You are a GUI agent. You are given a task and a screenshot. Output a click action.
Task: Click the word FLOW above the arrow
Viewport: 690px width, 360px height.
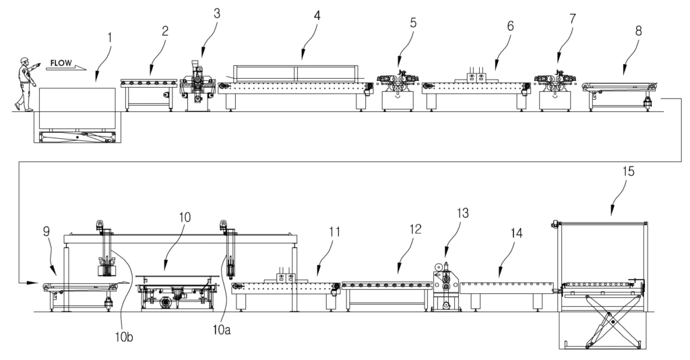pos(61,63)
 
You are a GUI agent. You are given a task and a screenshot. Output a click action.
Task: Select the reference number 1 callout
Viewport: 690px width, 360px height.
pos(110,37)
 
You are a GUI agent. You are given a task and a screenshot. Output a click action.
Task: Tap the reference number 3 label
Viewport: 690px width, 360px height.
pos(216,13)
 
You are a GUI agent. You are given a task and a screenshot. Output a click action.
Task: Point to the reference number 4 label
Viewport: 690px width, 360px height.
pos(317,16)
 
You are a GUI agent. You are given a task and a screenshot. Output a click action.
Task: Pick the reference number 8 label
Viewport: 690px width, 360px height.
pos(639,31)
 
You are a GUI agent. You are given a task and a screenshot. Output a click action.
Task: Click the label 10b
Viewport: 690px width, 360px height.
pos(124,337)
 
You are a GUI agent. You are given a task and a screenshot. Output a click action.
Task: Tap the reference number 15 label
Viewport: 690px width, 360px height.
pos(629,171)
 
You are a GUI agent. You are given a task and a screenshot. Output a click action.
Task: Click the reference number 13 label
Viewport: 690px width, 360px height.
pos(462,213)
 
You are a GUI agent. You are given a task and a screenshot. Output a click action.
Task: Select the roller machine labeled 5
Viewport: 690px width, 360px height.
pos(397,90)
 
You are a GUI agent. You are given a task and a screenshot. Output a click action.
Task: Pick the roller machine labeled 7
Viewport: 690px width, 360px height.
pos(555,90)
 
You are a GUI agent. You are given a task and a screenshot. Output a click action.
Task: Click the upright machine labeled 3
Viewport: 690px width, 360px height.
pos(196,86)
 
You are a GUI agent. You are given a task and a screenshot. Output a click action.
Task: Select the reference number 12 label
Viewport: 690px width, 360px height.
pos(415,229)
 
